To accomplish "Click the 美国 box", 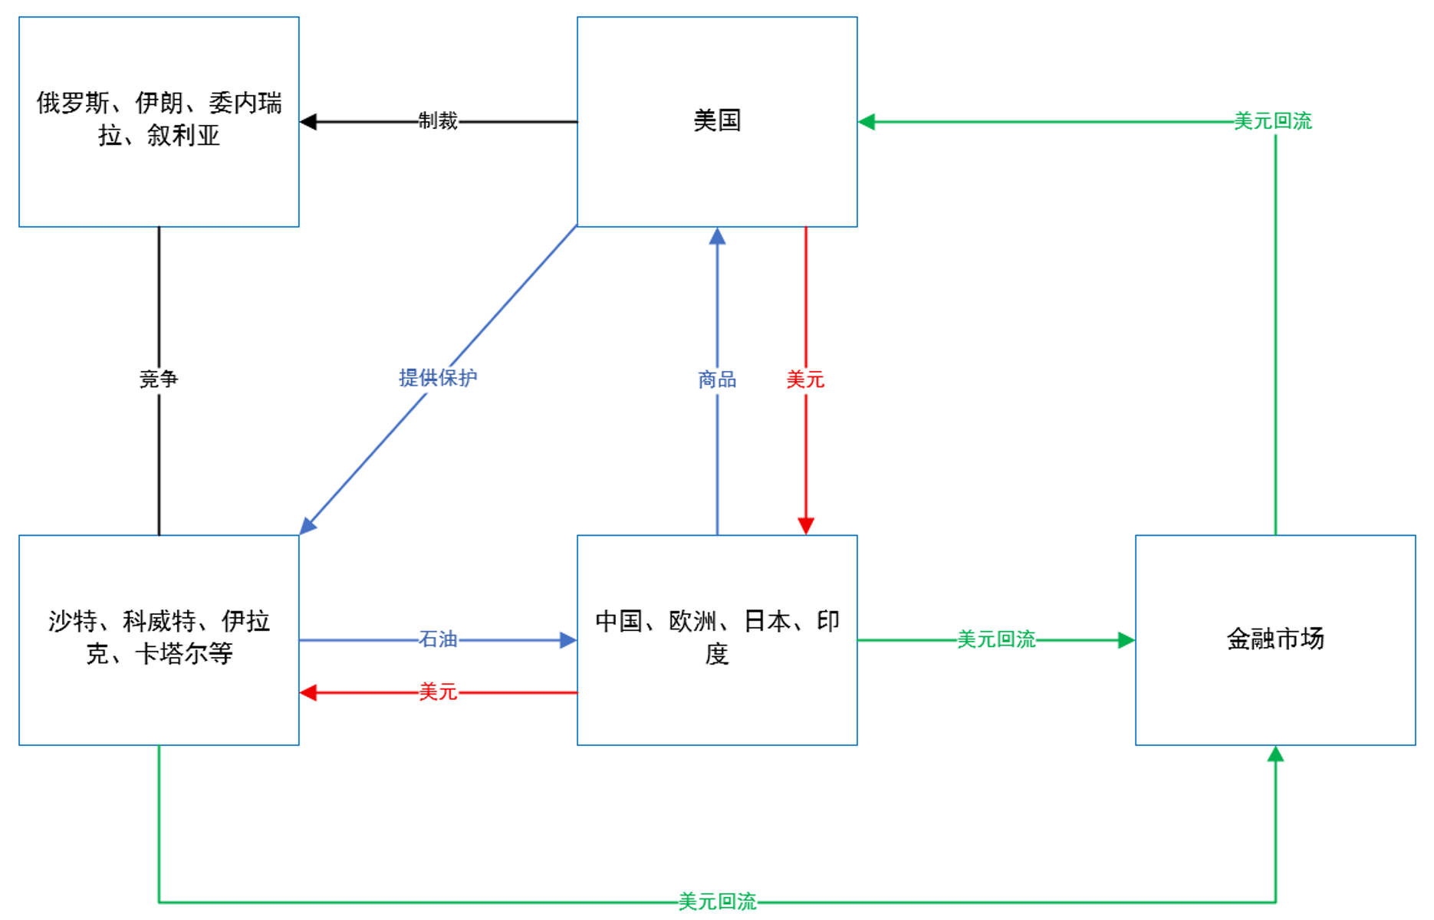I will (717, 121).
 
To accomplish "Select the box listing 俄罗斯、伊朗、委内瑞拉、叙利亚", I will (159, 121).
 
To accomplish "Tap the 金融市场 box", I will (1275, 639).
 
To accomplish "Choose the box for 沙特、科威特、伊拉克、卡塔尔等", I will (159, 639).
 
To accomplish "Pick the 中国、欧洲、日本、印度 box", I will (717, 639).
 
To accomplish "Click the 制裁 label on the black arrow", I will (438, 121).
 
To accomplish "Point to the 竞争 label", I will (159, 379).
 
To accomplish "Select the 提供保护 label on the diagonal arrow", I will (438, 377).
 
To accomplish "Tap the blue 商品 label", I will (717, 379).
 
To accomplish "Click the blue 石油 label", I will (438, 639).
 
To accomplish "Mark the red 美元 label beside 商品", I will (805, 379).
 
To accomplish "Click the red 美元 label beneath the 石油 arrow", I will (438, 692).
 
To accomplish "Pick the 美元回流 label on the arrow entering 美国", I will (1273, 121).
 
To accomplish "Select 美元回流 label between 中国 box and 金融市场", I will (996, 639).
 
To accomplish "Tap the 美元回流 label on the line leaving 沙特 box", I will (717, 902).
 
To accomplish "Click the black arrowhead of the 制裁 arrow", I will (308, 122).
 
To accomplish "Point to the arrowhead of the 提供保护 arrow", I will (308, 526).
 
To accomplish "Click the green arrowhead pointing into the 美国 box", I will (867, 122).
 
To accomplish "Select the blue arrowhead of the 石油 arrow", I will (568, 640).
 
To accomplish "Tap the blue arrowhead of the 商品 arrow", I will (717, 236).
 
